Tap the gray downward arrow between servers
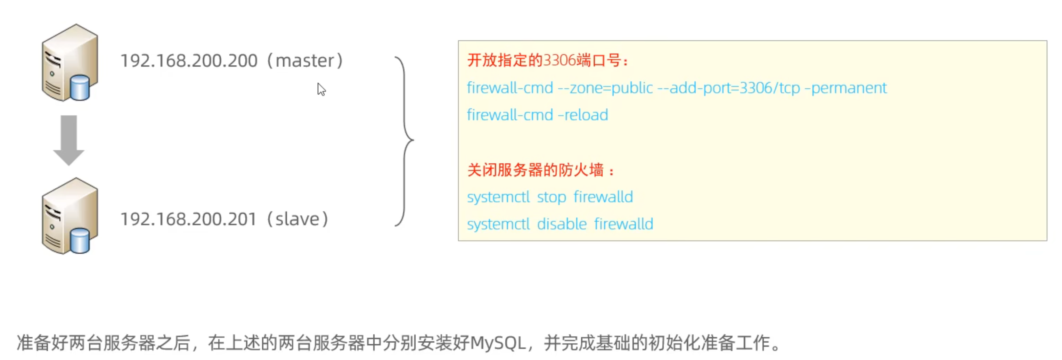click(69, 140)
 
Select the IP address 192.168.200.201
click(188, 219)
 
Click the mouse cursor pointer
click(321, 89)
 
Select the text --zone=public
click(605, 88)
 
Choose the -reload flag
click(582, 115)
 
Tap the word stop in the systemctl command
click(551, 197)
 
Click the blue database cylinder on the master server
click(80, 88)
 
